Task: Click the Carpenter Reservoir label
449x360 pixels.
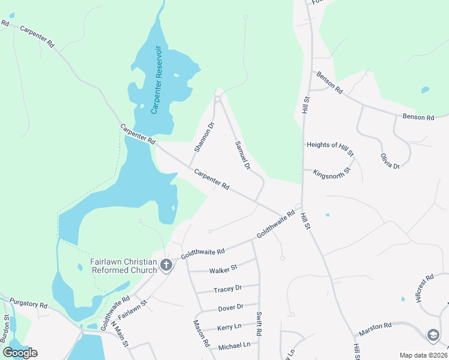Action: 157,79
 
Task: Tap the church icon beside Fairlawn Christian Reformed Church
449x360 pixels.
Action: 166,265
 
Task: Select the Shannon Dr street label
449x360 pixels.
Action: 203,138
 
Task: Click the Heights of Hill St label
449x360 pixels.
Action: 330,145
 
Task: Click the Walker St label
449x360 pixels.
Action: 223,268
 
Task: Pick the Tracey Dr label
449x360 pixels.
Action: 227,289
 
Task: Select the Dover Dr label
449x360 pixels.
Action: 231,307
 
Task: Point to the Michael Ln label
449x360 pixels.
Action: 234,345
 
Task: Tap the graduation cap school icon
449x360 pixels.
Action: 433,335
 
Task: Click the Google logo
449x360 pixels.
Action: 20,353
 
